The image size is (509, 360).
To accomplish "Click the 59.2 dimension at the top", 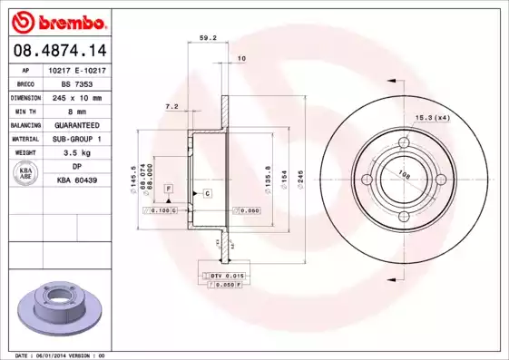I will [x=206, y=39].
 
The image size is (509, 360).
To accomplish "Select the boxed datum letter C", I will [x=207, y=194].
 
